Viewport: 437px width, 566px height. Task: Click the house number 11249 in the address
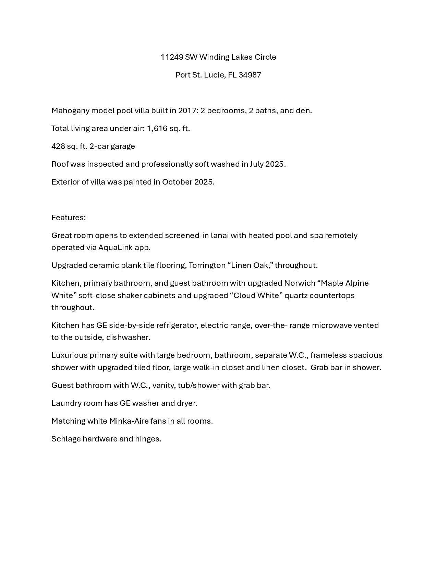click(172, 57)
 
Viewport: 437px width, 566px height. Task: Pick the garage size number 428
click(58, 146)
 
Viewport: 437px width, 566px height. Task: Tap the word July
click(256, 164)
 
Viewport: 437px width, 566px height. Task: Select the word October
click(177, 182)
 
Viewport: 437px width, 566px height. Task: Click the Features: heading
click(69, 217)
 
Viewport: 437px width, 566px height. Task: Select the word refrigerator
click(177, 325)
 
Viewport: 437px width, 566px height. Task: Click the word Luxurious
click(68, 355)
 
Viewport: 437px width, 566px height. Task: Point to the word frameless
click(328, 355)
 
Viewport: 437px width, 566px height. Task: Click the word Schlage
click(66, 439)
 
